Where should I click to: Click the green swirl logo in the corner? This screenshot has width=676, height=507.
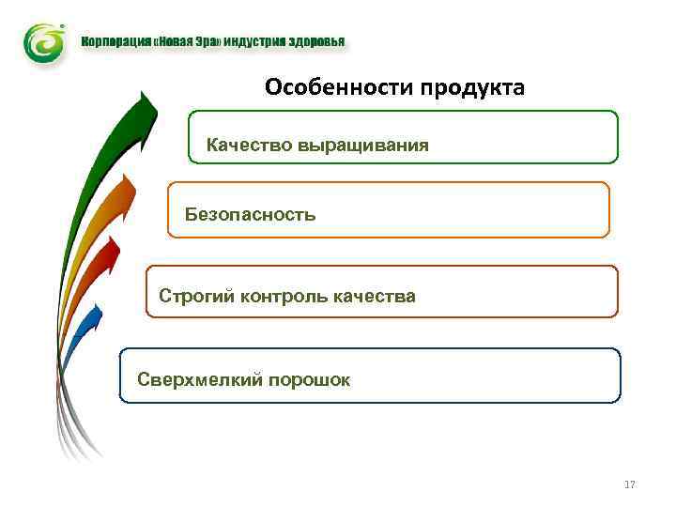click(x=44, y=43)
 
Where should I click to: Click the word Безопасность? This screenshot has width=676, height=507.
click(x=250, y=214)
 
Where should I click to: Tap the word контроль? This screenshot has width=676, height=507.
click(x=282, y=297)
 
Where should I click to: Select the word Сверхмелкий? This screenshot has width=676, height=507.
click(x=198, y=379)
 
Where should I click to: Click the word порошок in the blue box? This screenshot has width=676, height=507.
click(x=309, y=379)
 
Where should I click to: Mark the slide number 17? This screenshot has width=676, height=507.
click(x=629, y=484)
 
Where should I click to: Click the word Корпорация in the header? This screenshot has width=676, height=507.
click(x=111, y=41)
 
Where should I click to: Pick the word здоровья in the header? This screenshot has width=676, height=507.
click(x=316, y=41)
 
